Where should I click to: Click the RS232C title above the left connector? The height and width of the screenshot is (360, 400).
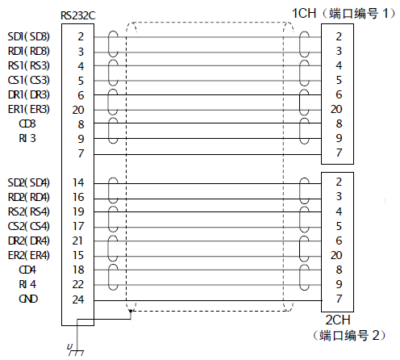coord(78,15)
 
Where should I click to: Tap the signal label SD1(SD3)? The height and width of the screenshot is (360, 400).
coord(29,36)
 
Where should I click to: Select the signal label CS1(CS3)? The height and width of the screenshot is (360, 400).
coord(29,80)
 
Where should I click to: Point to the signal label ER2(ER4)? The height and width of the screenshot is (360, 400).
coord(29,255)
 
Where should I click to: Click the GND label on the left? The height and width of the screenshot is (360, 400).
coord(28,299)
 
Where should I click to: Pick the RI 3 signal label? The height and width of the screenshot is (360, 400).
coord(27,138)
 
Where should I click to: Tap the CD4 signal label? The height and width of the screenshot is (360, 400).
coord(27,270)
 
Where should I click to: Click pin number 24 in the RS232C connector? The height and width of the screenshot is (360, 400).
coord(78,299)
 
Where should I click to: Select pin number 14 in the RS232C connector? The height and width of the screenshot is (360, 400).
coord(78,182)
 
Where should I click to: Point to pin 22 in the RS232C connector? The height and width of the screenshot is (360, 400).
coord(78,284)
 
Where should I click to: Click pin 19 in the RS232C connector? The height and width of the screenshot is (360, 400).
coord(78,211)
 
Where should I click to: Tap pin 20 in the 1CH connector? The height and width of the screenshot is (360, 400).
coord(336,109)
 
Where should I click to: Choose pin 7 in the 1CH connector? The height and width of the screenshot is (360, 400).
coord(339,153)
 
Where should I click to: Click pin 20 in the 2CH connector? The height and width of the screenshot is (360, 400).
coord(336,255)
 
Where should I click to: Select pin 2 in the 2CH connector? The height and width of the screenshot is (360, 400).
coord(339,182)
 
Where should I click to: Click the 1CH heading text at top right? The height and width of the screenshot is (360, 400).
coord(304,14)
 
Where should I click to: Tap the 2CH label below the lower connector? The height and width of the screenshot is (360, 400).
coord(338,320)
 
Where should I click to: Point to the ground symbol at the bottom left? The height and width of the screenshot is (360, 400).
coord(76,351)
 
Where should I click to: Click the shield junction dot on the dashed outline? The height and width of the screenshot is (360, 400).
coord(131,311)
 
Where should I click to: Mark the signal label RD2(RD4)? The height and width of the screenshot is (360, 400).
coord(29,197)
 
